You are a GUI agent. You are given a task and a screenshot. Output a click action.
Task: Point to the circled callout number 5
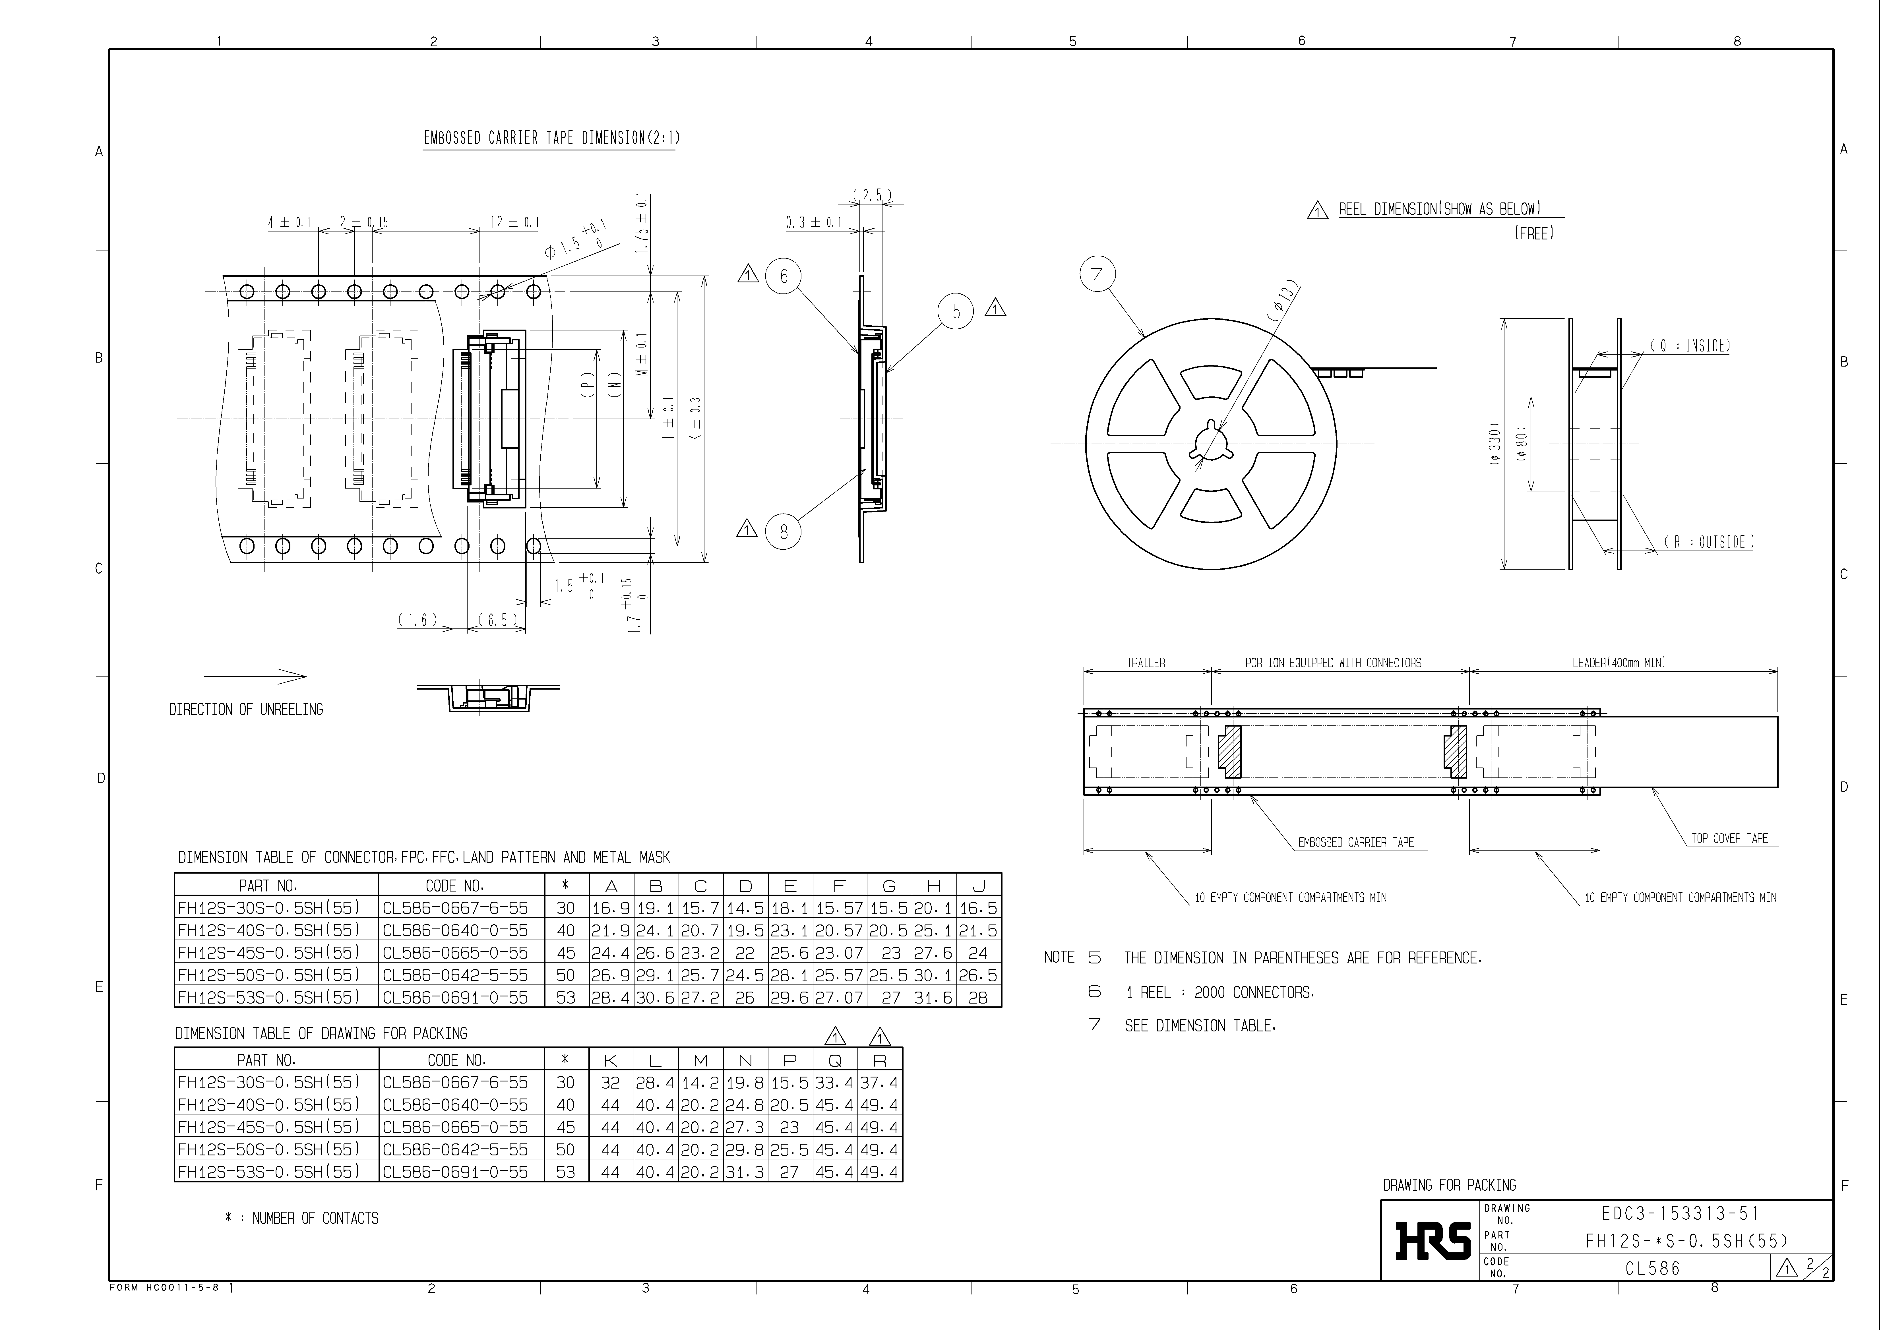coord(955,312)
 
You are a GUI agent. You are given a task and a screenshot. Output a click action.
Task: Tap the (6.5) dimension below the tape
coord(497,620)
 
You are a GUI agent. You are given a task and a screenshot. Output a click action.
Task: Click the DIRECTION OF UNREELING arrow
coord(255,677)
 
